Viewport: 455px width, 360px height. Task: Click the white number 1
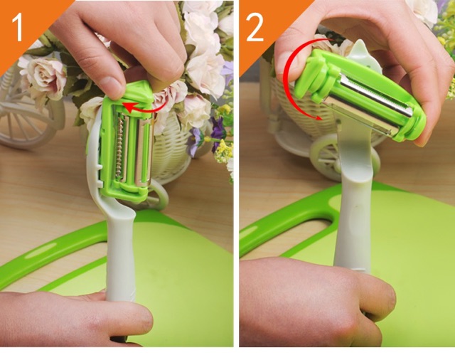pyautogui.click(x=17, y=28)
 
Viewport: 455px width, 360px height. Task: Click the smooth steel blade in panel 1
pyautogui.click(x=143, y=151)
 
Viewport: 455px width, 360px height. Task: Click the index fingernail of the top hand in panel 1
pyautogui.click(x=111, y=86)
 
